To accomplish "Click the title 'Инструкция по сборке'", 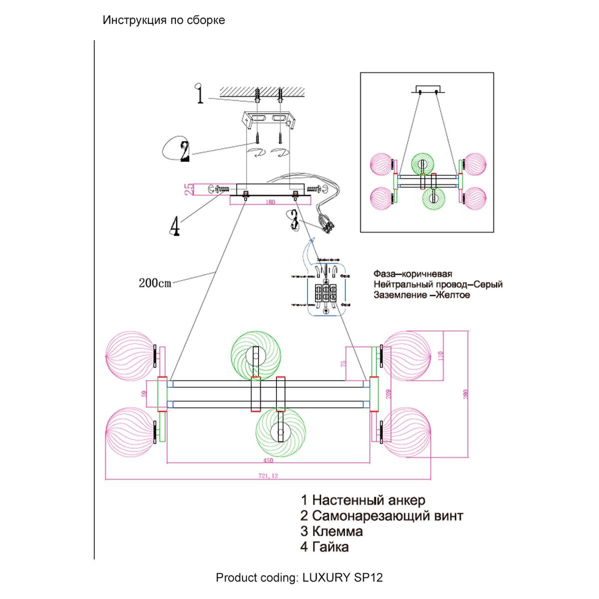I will point(164,20).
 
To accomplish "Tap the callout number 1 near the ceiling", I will point(200,94).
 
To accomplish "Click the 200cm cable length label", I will point(155,283).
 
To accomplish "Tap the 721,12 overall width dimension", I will point(268,476).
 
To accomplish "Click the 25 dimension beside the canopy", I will point(189,189).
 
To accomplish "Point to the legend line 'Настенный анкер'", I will point(363,500).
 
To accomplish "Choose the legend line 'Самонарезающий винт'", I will point(382,516).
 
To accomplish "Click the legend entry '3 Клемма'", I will point(331,531).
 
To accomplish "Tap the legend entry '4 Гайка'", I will point(324,547).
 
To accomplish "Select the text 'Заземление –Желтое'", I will point(422,295).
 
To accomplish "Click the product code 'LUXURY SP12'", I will point(342,578).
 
